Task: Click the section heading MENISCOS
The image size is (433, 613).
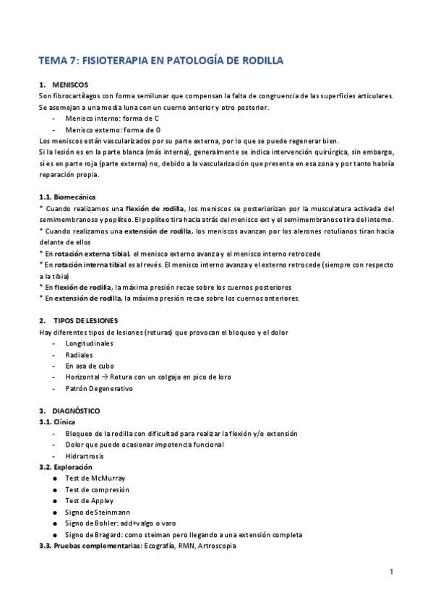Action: pos(71,85)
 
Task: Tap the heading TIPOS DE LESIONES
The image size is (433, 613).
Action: pos(90,320)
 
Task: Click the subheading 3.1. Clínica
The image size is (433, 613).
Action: pos(57,421)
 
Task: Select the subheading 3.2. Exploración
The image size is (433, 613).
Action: pos(65,467)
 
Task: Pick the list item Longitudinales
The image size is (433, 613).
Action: pos(89,343)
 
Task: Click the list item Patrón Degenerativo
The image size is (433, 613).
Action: pos(99,388)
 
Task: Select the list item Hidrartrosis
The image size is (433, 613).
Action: pos(85,455)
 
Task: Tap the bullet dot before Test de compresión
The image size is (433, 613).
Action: pos(56,489)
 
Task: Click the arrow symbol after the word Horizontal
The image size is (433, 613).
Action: pos(104,377)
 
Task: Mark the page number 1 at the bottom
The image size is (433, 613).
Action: pos(390,572)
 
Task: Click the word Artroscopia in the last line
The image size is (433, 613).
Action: pos(216,546)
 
